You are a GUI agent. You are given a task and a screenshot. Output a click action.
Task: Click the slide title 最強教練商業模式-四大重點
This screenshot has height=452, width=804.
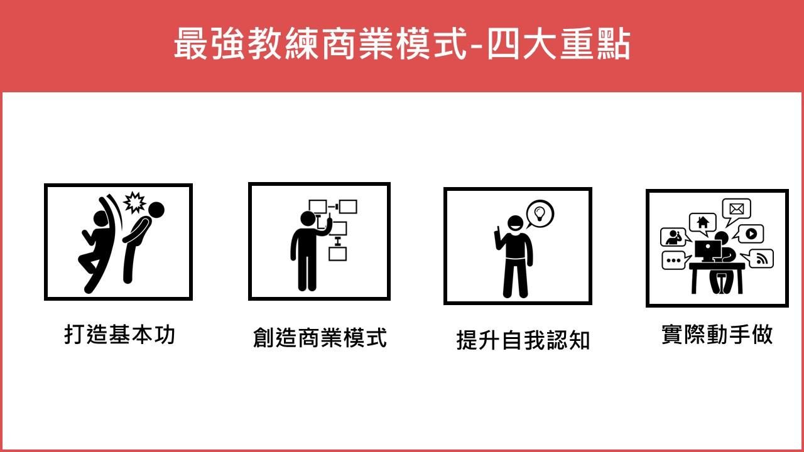(402, 44)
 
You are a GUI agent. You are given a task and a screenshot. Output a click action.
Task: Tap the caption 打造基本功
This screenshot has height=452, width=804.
(119, 335)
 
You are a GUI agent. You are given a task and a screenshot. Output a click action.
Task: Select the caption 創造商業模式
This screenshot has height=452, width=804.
(320, 337)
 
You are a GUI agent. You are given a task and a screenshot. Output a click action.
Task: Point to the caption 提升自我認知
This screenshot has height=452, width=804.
(523, 340)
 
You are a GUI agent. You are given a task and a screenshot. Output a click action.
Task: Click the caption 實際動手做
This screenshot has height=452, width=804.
(717, 335)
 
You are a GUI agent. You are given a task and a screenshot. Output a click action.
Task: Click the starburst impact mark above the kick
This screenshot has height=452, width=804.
(134, 202)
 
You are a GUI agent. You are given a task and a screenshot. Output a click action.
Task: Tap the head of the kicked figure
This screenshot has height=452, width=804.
(156, 210)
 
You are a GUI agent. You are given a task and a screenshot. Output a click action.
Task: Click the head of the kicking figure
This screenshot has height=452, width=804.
(101, 218)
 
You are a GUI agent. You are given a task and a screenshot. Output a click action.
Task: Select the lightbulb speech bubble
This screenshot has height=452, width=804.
(540, 214)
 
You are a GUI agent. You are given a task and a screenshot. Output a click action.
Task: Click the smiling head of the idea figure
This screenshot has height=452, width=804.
(516, 223)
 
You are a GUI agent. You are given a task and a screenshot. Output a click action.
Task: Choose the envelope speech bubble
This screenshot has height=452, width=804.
(736, 210)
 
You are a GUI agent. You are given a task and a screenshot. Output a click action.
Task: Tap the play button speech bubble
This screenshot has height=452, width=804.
(749, 234)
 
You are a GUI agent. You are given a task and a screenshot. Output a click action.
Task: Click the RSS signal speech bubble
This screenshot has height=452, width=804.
(758, 259)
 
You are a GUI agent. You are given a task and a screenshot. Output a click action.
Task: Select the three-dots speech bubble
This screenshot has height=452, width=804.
(675, 261)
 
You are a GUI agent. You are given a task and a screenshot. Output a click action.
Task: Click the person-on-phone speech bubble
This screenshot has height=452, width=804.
(675, 237)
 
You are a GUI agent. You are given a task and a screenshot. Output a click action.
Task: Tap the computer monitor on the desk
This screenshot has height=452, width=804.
(707, 250)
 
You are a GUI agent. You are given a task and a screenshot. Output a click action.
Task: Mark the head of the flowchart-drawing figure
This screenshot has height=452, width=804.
(308, 218)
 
